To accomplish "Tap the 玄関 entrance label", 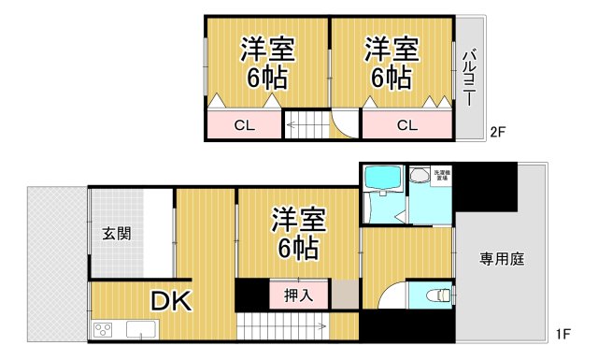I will (117, 232).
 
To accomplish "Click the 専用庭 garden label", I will (502, 259).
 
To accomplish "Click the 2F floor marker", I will (497, 132).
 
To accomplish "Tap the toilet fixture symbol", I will (435, 295).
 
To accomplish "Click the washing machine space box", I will (442, 175).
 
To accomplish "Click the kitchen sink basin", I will (142, 328).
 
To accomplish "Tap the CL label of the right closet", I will (406, 125).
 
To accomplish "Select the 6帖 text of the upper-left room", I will (267, 79).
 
